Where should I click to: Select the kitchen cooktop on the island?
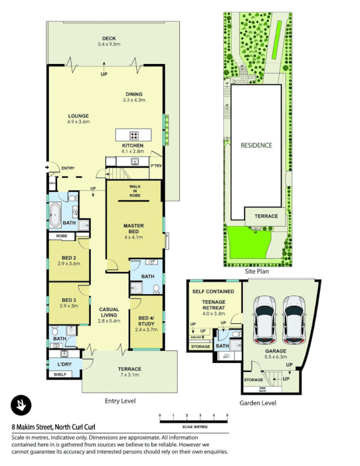tap(133, 135)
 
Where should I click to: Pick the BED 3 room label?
tap(69, 302)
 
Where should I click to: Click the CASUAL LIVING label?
tap(108, 315)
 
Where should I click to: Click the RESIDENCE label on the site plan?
tap(256, 145)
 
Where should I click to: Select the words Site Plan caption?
tap(256, 271)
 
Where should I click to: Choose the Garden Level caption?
tap(257, 403)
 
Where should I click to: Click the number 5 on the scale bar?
tap(227, 415)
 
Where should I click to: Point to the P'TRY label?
tap(156, 165)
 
